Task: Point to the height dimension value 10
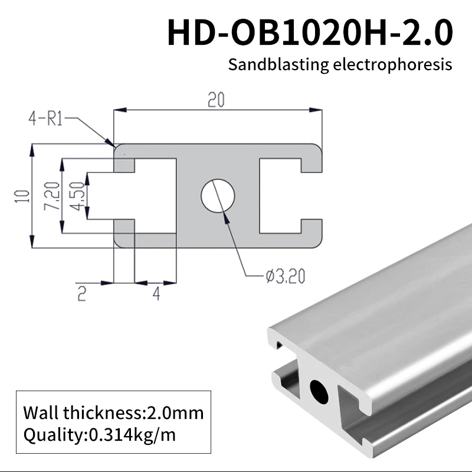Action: pyautogui.click(x=22, y=196)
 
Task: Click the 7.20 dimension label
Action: pyautogui.click(x=51, y=196)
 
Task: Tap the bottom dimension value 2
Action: pyautogui.click(x=82, y=294)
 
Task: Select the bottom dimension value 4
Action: pyautogui.click(x=156, y=294)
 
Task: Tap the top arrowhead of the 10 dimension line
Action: pyautogui.click(x=31, y=149)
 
